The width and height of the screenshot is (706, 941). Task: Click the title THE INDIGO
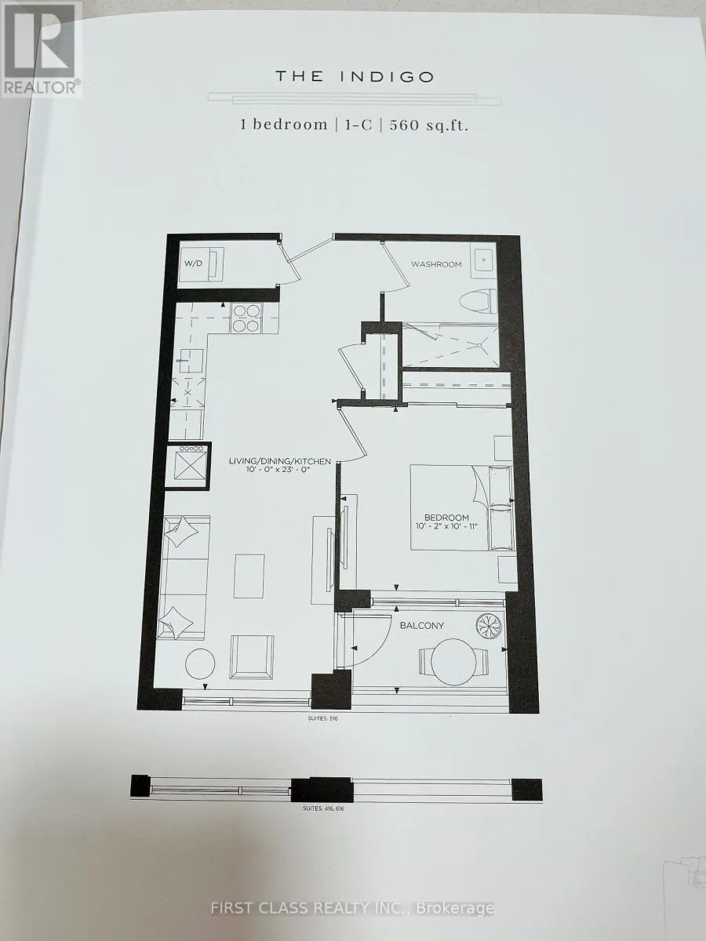[x=355, y=77]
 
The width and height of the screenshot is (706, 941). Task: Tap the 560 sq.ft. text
[x=429, y=125]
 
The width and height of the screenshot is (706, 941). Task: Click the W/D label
[x=193, y=263]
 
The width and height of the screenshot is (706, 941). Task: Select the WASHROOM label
[x=436, y=264]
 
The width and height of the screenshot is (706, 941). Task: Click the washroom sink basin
[x=483, y=260]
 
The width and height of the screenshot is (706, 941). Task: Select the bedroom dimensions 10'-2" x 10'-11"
[x=446, y=526]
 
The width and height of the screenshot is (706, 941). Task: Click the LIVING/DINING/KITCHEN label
[x=280, y=461]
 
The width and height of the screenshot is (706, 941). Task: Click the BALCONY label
[x=422, y=626]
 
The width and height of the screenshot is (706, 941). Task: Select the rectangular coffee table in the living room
[x=249, y=576]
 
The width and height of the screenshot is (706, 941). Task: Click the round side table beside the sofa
[x=200, y=663]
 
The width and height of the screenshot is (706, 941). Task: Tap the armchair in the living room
[x=252, y=657]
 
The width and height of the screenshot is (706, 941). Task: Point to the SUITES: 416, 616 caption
[x=324, y=808]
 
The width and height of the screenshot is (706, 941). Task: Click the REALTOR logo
[x=42, y=49]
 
